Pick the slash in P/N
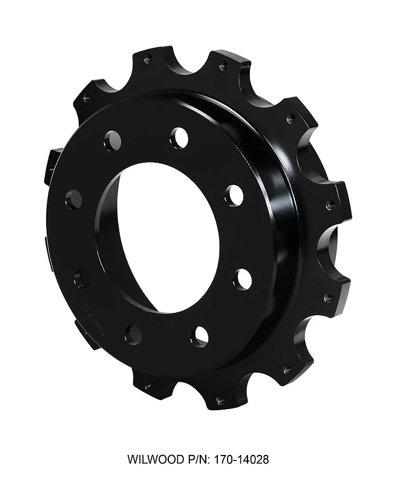pos(197,460)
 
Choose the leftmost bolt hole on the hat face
pos(73,198)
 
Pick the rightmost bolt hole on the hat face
pos(243,279)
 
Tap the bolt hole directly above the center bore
pos(179,138)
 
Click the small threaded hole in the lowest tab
pos(220,400)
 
